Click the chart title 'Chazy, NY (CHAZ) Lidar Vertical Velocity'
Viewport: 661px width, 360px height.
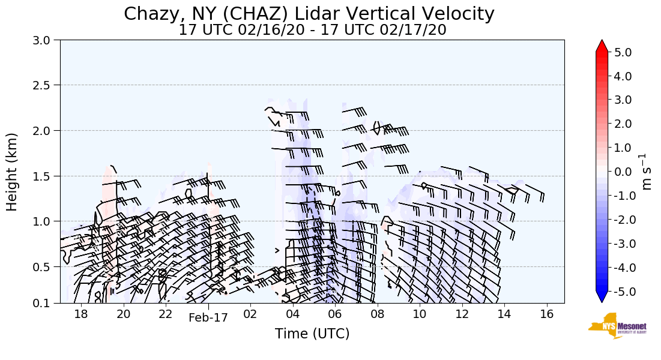tap(309, 14)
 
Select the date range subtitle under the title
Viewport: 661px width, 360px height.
tap(312, 30)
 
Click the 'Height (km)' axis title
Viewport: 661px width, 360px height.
tap(13, 172)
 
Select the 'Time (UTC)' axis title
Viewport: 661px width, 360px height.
tap(312, 334)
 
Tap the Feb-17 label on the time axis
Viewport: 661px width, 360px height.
tap(208, 318)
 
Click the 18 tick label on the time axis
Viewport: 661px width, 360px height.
tap(81, 314)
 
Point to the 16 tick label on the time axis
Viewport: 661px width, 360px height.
tap(546, 314)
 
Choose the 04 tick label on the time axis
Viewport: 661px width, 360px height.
tap(293, 314)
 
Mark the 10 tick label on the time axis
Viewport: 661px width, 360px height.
tap(419, 314)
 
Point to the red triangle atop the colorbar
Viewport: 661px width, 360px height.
tap(602, 46)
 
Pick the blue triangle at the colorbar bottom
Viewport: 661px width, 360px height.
tap(602, 297)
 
